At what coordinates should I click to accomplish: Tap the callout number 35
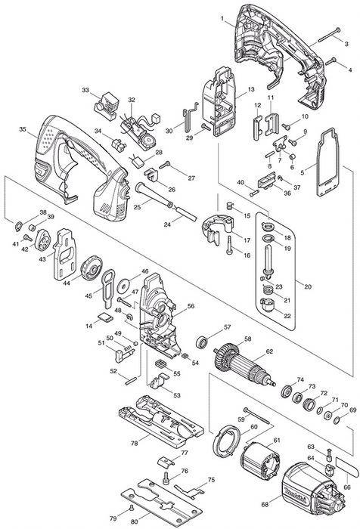[x=22, y=129]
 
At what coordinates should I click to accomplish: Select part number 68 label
[x=265, y=504]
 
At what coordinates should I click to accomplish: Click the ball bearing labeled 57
[x=201, y=342]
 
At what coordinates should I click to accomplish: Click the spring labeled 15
[x=230, y=205]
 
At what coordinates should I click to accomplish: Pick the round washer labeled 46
[x=123, y=286]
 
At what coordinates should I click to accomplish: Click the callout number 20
[x=307, y=286]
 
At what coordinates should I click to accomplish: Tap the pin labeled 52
[x=131, y=380]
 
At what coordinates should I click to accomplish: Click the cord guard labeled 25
[x=154, y=195]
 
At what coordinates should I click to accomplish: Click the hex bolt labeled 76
[x=166, y=478]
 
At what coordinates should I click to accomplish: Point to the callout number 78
[x=135, y=444]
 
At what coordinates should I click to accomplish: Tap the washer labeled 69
[x=337, y=420]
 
